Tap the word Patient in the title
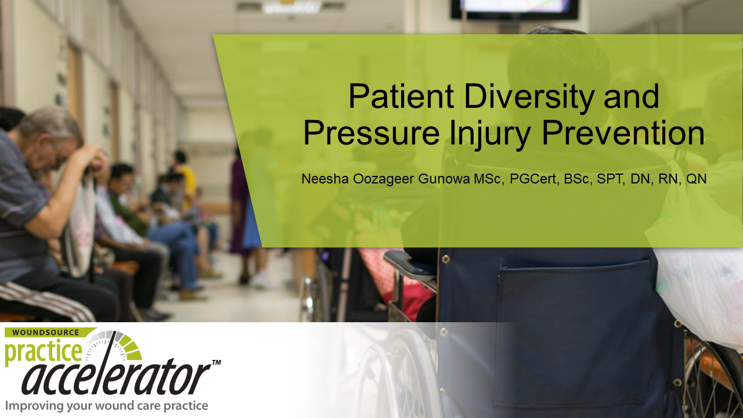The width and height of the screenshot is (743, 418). pyautogui.click(x=401, y=96)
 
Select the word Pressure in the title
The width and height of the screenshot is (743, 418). pyautogui.click(x=371, y=133)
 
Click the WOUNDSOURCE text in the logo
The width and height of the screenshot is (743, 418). pyautogui.click(x=45, y=333)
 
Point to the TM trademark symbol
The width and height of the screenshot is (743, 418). pyautogui.click(x=217, y=363)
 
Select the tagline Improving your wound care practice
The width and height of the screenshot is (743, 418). pyautogui.click(x=106, y=406)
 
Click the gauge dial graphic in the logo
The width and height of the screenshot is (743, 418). pyautogui.click(x=113, y=345)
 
